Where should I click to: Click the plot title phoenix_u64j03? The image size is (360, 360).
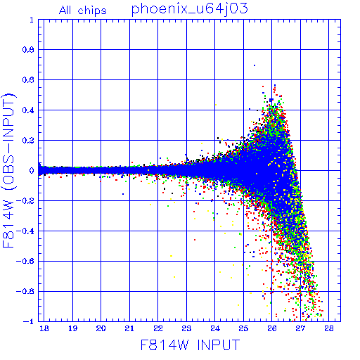point(189,9)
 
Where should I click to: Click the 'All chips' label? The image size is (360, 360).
point(83,11)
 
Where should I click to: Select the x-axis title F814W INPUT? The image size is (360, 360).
point(190,345)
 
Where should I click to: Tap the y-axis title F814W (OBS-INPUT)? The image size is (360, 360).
point(8,170)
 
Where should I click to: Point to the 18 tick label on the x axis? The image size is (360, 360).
point(44,328)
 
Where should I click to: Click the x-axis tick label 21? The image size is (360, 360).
point(129,328)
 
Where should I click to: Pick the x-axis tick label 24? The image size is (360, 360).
point(215,328)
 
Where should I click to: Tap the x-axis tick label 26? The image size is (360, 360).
point(272,328)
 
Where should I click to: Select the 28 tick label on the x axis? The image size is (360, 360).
point(329,328)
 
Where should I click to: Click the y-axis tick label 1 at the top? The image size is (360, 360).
point(32,20)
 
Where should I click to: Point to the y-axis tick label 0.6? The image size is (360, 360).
point(28,80)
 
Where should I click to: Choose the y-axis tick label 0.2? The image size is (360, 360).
point(28,141)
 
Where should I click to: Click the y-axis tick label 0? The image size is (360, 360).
point(32,171)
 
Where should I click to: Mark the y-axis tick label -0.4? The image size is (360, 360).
point(25,231)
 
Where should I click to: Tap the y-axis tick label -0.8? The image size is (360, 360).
point(25,291)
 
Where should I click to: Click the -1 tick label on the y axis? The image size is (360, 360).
point(29,321)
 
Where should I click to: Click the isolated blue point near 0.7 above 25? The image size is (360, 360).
point(255,65)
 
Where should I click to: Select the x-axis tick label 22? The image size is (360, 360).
point(158,328)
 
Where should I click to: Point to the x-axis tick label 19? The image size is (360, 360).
point(72,328)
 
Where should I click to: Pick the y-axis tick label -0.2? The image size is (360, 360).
point(25,201)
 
